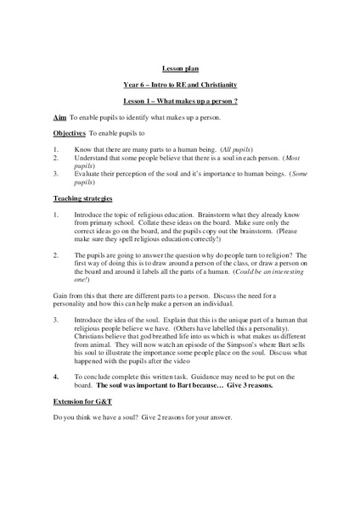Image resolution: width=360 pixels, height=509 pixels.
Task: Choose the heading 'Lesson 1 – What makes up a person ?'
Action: [179, 100]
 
